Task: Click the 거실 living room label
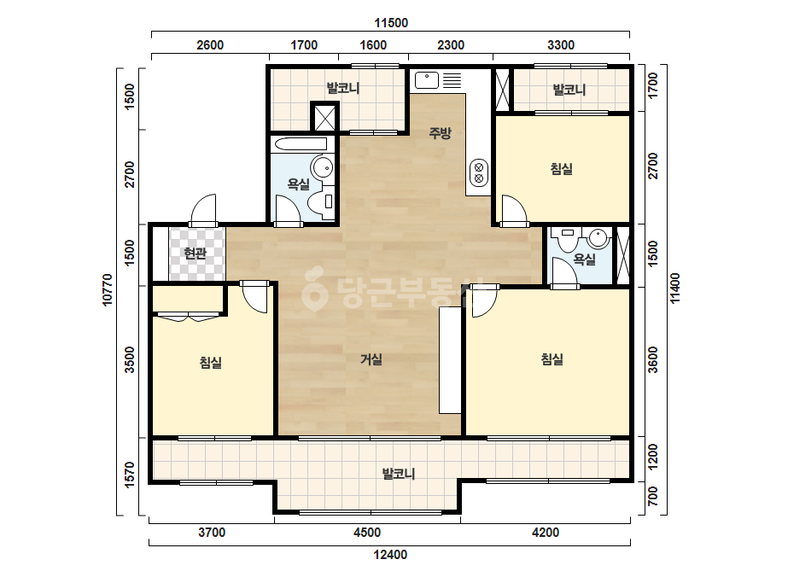pyautogui.click(x=371, y=359)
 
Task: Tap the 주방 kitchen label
pyautogui.click(x=441, y=132)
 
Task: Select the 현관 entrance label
pyautogui.click(x=195, y=254)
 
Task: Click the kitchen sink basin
pyautogui.click(x=427, y=80)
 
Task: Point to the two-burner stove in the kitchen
pyautogui.click(x=479, y=172)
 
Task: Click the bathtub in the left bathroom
pyautogui.click(x=301, y=144)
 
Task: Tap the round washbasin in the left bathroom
pyautogui.click(x=322, y=166)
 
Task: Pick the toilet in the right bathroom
pyautogui.click(x=568, y=240)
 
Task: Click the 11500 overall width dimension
pyautogui.click(x=391, y=23)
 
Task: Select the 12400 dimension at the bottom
pyautogui.click(x=390, y=555)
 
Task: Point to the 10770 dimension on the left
pyautogui.click(x=108, y=289)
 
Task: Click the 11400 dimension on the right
pyautogui.click(x=675, y=288)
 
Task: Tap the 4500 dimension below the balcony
pyautogui.click(x=367, y=533)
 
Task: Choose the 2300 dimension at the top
pyautogui.click(x=451, y=45)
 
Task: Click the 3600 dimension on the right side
pyautogui.click(x=653, y=360)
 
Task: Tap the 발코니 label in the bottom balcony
pyautogui.click(x=399, y=474)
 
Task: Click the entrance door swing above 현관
pyautogui.click(x=203, y=210)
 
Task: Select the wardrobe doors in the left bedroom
pyautogui.click(x=189, y=318)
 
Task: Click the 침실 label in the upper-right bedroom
pyautogui.click(x=562, y=169)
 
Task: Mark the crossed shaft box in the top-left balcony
pyautogui.click(x=324, y=118)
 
